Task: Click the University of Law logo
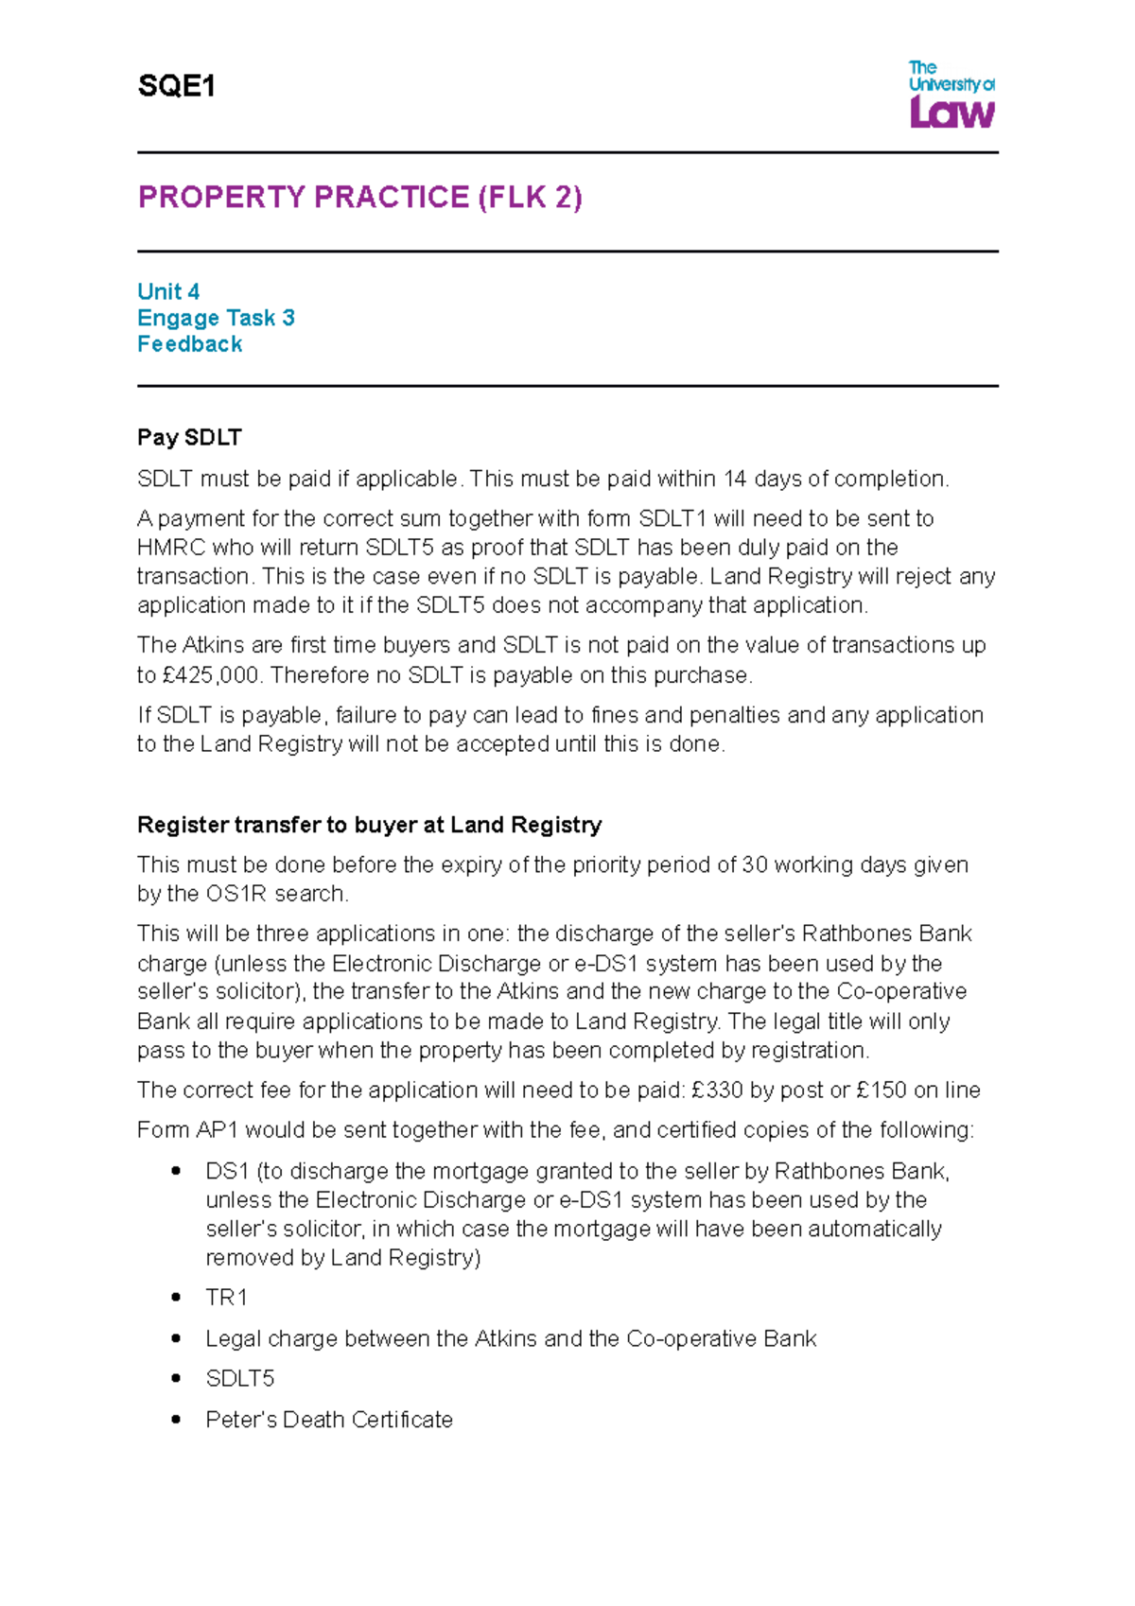coord(951,94)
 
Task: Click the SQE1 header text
coord(177,87)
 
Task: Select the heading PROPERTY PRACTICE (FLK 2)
coord(359,197)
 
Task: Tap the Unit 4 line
coord(168,291)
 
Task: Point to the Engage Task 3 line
coord(216,318)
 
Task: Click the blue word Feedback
coord(189,344)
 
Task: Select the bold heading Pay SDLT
coord(189,437)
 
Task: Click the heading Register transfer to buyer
coord(369,825)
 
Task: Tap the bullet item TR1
coord(226,1298)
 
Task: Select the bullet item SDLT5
coord(240,1379)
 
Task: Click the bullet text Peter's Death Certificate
coord(329,1420)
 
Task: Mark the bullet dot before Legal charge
coord(176,1338)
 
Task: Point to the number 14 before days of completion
coord(735,480)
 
